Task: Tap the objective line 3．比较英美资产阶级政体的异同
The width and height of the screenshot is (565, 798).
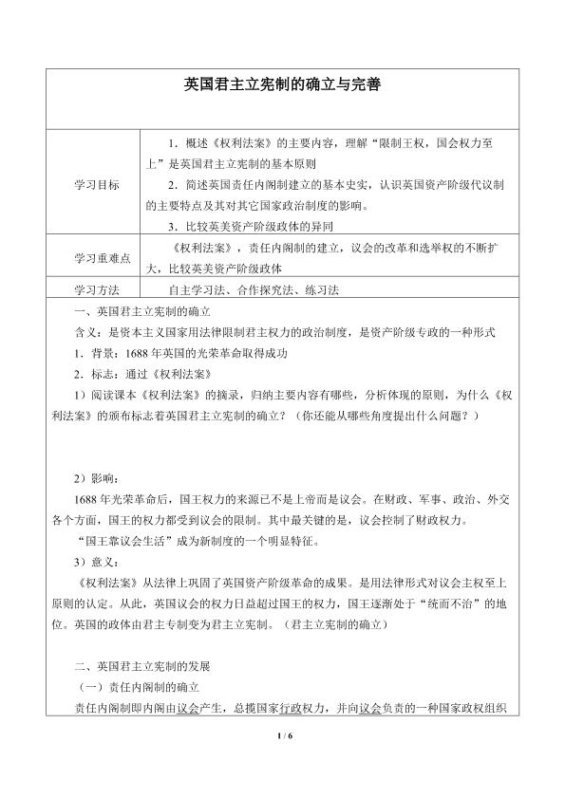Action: pos(250,227)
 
